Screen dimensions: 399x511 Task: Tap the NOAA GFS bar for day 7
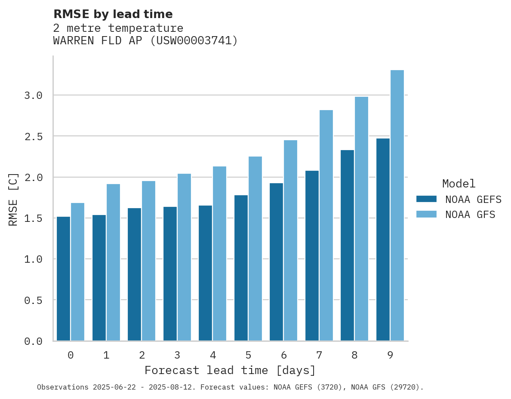[x=326, y=225]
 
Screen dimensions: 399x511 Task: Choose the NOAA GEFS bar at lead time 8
[x=347, y=245]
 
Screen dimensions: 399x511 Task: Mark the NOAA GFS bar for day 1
[x=113, y=262]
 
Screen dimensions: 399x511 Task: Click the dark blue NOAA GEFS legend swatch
[x=426, y=199]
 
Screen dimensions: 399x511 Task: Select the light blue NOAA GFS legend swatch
[x=426, y=214]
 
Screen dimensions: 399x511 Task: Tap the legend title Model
[x=459, y=184]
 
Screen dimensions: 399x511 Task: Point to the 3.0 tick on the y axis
[x=34, y=95]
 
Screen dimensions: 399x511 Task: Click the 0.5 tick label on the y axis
[x=34, y=300]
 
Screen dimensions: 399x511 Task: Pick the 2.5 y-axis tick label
[x=34, y=136]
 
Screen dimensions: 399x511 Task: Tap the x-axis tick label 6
[x=284, y=355]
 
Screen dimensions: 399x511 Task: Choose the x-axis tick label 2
[x=142, y=355]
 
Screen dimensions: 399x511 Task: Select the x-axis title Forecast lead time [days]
[x=230, y=370]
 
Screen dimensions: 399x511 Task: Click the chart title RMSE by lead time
[x=113, y=14]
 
